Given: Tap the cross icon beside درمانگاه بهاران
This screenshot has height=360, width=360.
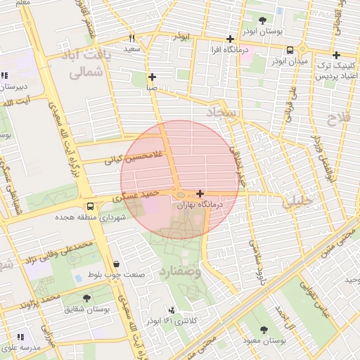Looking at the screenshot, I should coord(200,193).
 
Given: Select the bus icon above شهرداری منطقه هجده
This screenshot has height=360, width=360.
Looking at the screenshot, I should coord(90,207).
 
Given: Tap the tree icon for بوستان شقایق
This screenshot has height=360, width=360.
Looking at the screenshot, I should coord(86,298).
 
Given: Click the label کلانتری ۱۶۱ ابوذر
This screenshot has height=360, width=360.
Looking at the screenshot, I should coord(172,320).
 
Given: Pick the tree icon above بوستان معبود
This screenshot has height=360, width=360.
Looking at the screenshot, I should coord(264,330).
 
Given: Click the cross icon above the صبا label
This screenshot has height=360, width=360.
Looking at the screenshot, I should coord(152,77).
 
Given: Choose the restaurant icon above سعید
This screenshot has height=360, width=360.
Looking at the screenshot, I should coord(131,39).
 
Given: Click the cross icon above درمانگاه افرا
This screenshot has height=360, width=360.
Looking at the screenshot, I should coord(229,39).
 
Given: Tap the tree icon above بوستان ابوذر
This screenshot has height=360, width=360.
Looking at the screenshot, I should coord(262,21).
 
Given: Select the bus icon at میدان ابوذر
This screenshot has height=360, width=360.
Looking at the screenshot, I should coord(290,49).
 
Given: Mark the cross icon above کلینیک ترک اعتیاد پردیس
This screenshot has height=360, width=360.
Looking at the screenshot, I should coord(336,55).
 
